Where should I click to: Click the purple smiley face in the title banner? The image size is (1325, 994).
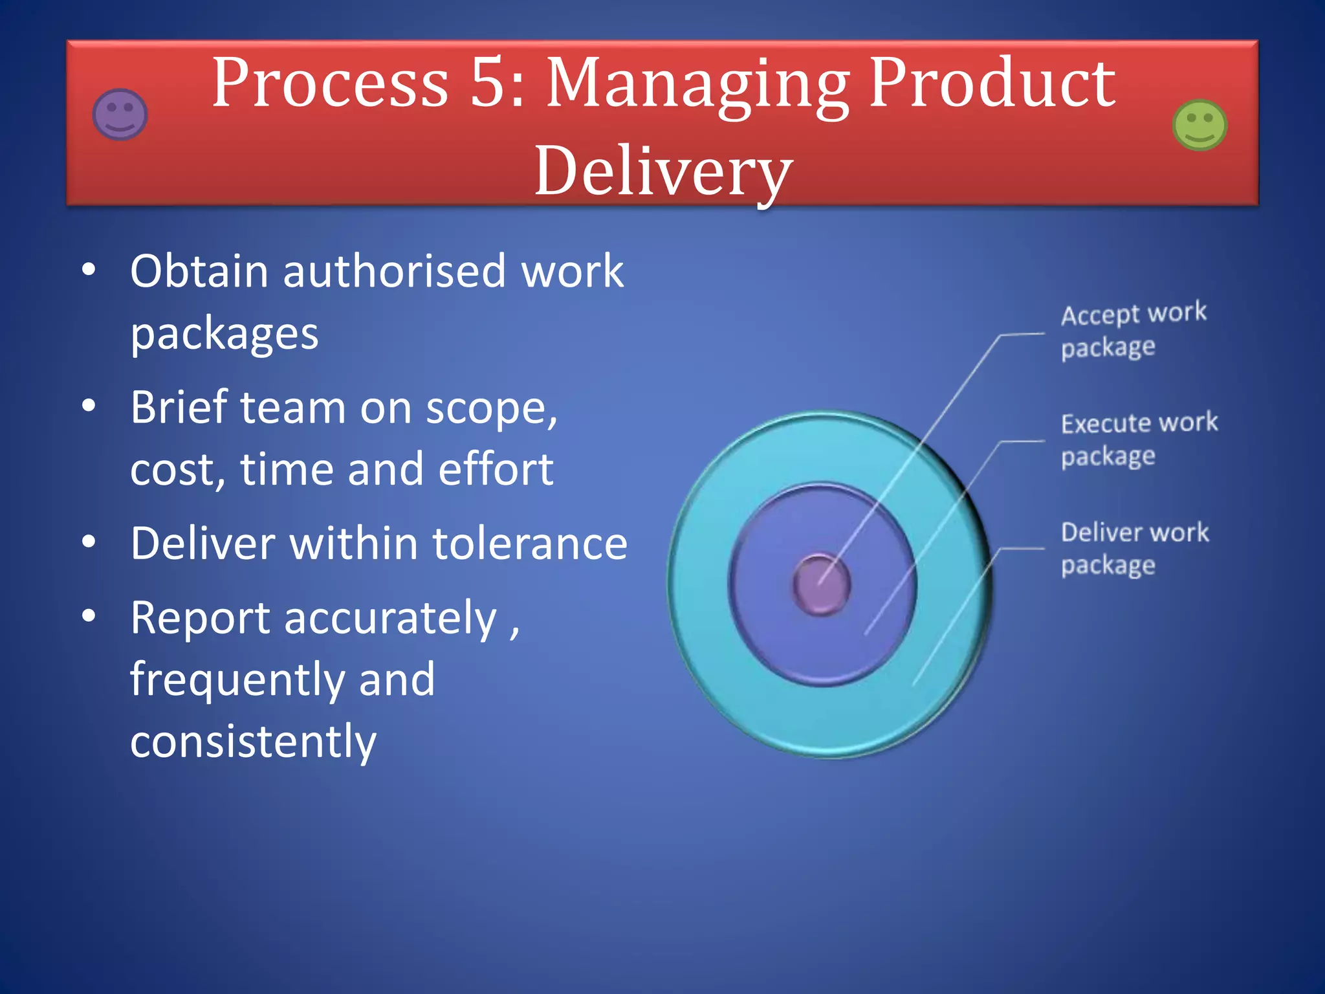[120, 115]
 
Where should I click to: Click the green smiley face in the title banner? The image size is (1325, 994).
[1199, 125]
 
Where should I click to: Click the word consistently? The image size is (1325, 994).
[253, 742]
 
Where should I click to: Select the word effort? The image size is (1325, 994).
[496, 469]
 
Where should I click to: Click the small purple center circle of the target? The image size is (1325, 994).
[821, 584]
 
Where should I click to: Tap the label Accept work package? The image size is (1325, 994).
[1133, 330]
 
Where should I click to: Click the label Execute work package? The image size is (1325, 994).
[1139, 439]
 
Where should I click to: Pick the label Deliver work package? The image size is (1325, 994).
[1134, 548]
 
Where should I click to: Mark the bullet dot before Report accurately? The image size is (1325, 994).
[89, 615]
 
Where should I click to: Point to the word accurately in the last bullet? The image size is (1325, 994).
[390, 618]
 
